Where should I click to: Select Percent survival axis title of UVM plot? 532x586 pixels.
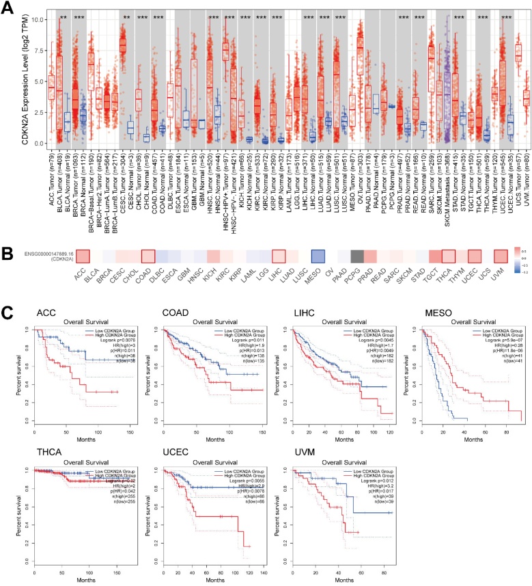tap(278, 520)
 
